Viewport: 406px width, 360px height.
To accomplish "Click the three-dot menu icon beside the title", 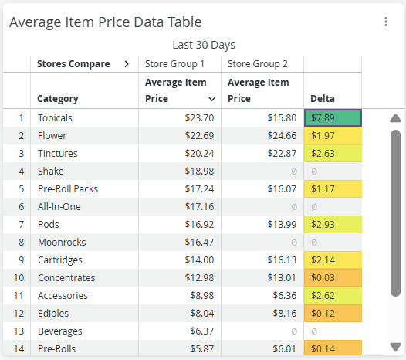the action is coord(386,22).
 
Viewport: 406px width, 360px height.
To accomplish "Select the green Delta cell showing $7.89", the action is coord(333,118).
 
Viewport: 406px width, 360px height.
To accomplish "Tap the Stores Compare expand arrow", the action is coord(127,64).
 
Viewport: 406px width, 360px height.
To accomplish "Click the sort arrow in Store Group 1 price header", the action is coord(211,99).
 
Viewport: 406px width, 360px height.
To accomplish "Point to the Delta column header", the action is coord(323,98).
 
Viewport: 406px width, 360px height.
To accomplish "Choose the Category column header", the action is coord(58,99).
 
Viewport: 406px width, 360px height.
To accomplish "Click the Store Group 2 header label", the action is coord(257,64).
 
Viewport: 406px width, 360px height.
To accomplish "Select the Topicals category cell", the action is coord(55,118).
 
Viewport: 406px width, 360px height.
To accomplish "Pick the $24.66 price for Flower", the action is coord(282,135).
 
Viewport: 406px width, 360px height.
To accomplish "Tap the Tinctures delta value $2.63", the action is coord(323,154).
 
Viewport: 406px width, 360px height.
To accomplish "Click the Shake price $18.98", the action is coord(199,171).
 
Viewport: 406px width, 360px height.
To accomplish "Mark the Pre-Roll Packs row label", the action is coord(68,189).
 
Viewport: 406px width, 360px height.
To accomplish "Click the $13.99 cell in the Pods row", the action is coord(282,225).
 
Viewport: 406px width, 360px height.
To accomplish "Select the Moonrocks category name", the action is coord(62,242).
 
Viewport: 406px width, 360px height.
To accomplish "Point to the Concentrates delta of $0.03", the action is coord(323,277).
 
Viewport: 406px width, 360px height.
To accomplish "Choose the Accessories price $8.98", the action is coord(202,295).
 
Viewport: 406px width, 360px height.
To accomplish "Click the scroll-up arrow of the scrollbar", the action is coord(395,118).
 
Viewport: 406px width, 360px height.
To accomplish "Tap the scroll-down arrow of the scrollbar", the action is coord(395,347).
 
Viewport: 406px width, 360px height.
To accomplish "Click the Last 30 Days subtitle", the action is coord(204,45).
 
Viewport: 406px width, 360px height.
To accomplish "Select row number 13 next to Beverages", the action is coord(19,331).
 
